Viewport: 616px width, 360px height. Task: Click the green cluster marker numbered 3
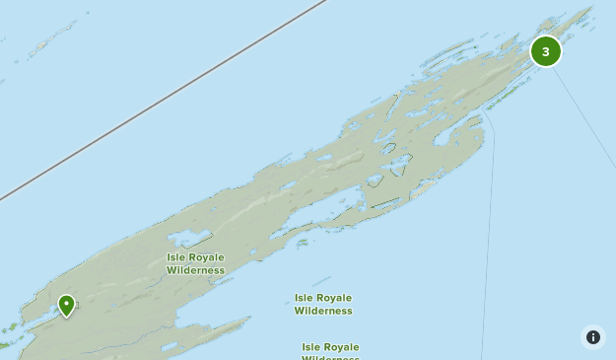(x=546, y=51)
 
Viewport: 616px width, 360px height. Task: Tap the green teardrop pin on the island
(x=66, y=305)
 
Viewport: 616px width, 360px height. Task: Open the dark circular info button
(x=592, y=337)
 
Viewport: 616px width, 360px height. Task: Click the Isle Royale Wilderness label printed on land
(x=195, y=263)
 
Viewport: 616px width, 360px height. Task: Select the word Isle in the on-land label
(x=176, y=257)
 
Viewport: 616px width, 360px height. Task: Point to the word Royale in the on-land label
(x=206, y=257)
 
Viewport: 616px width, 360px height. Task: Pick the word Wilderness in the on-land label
(x=195, y=270)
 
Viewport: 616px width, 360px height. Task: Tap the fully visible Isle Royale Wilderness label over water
(x=322, y=304)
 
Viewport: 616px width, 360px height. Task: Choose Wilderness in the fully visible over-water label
(x=322, y=311)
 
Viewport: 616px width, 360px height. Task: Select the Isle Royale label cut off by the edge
(x=330, y=351)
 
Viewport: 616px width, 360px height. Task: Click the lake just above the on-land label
(x=189, y=239)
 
